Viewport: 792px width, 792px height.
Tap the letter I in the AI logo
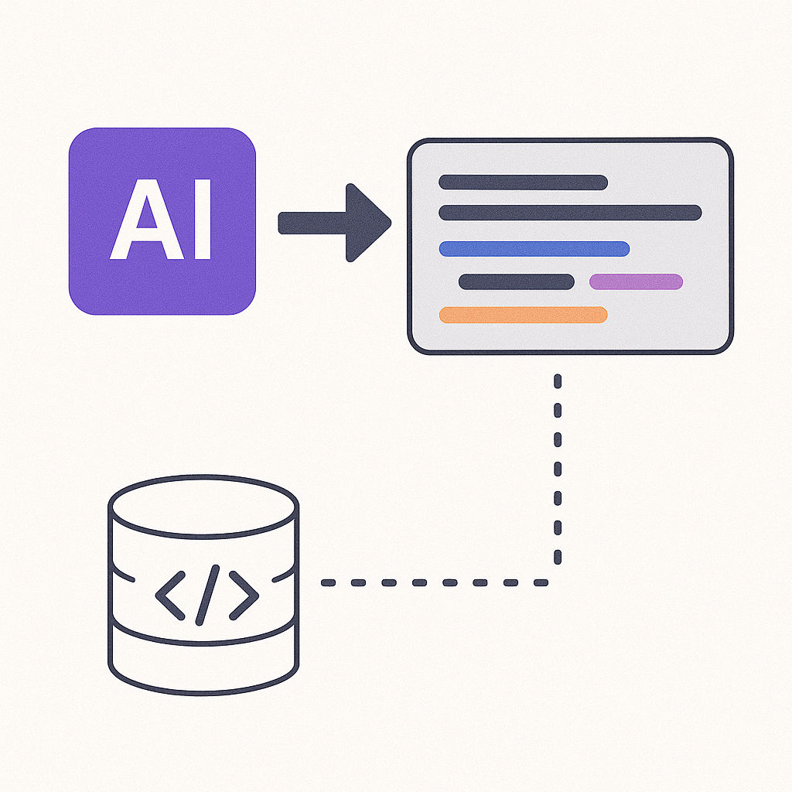(x=203, y=219)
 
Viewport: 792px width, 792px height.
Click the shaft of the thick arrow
(x=312, y=223)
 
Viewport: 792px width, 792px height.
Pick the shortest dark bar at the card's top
(x=523, y=183)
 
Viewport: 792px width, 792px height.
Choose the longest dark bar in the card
(x=570, y=213)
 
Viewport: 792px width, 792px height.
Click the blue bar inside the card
(x=534, y=249)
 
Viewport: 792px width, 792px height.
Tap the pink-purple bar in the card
(x=636, y=282)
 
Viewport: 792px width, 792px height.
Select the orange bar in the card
(x=523, y=315)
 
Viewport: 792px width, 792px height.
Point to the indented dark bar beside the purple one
(x=516, y=282)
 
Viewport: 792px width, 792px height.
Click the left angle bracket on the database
(x=170, y=596)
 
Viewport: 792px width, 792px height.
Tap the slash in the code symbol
(x=207, y=596)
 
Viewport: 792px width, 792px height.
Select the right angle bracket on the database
(x=244, y=596)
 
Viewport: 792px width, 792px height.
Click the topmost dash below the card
(x=558, y=381)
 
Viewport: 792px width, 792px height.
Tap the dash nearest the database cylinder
(x=328, y=583)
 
